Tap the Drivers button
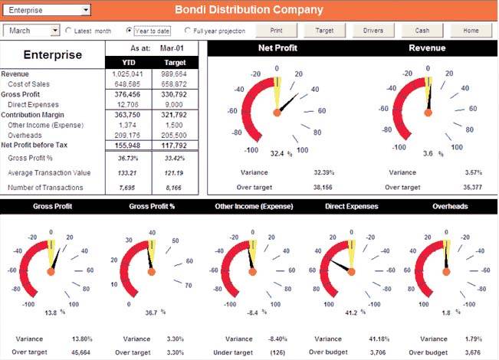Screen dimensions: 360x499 pyautogui.click(x=373, y=31)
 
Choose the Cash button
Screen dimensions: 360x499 pyautogui.click(x=422, y=31)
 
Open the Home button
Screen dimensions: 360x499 pyautogui.click(x=470, y=31)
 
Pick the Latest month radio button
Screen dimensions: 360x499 pyautogui.click(x=69, y=31)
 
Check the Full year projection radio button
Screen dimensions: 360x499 pyautogui.click(x=189, y=31)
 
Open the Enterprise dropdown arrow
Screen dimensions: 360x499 pyautogui.click(x=85, y=10)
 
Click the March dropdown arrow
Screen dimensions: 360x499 pyautogui.click(x=55, y=31)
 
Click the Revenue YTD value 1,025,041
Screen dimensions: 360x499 pyautogui.click(x=123, y=74)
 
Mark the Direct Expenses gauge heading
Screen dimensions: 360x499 pyautogui.click(x=351, y=206)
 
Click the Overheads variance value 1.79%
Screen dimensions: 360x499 pyautogui.click(x=474, y=338)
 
